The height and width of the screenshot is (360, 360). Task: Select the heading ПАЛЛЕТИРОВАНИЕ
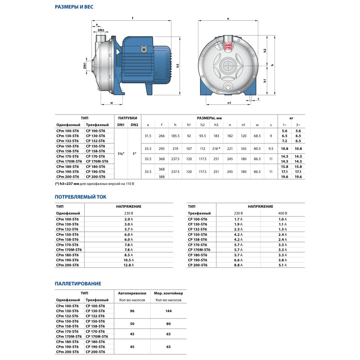[78, 283]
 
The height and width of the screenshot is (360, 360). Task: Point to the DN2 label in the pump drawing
[101, 30]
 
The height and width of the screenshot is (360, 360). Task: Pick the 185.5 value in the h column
[175, 135]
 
